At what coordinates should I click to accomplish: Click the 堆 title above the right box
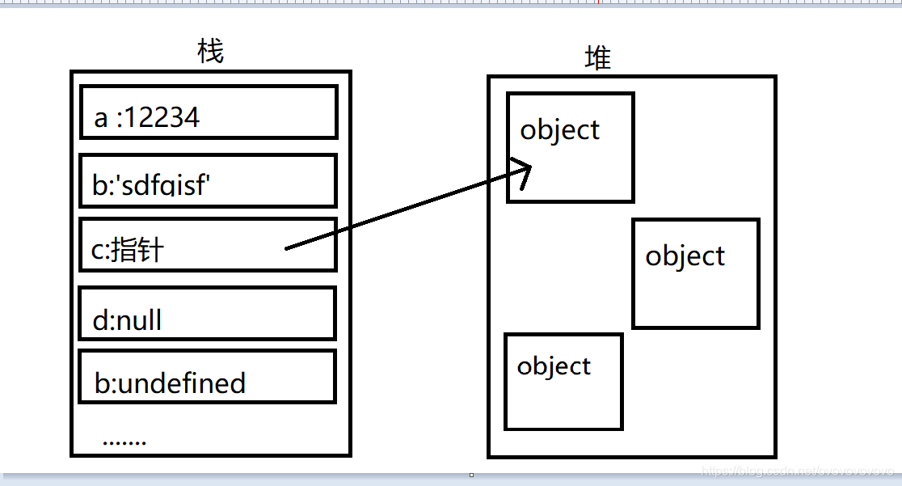[598, 58]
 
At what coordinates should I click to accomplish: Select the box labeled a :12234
[209, 112]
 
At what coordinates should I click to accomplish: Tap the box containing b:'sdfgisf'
[209, 181]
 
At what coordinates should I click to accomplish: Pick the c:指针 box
[209, 244]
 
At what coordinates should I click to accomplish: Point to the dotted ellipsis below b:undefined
[124, 442]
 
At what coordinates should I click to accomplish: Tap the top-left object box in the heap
[571, 147]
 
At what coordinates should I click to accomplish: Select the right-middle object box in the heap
[696, 273]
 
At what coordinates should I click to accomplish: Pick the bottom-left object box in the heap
[563, 382]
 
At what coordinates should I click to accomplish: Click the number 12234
[162, 118]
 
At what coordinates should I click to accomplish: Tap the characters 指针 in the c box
[137, 251]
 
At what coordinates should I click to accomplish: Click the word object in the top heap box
[560, 130]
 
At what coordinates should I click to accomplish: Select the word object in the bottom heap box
[554, 366]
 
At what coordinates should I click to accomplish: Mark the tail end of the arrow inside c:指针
[287, 248]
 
